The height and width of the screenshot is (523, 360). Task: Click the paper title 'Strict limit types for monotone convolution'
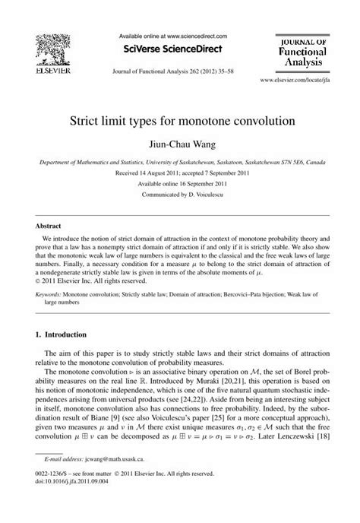(x=178, y=121)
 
